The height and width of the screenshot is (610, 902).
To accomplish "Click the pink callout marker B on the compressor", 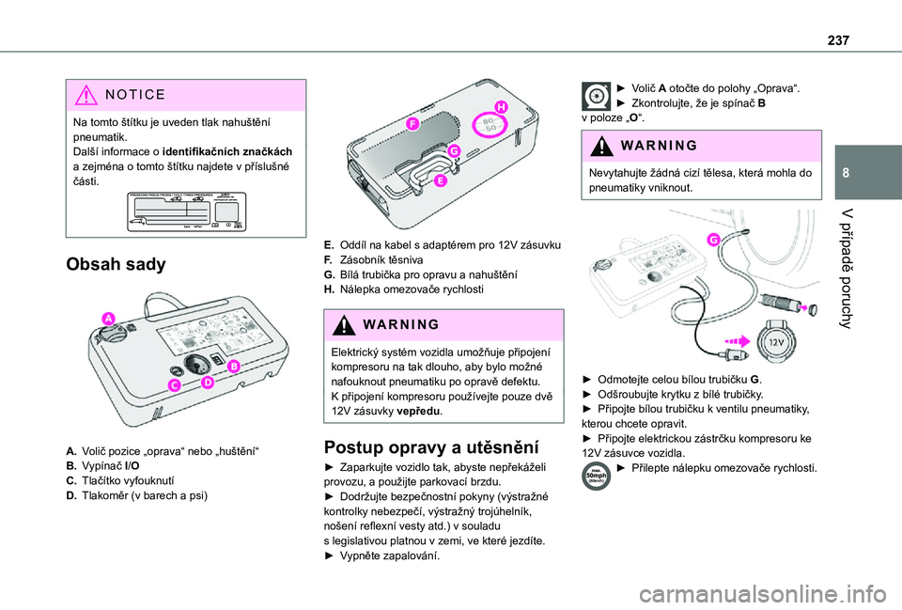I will [x=232, y=365].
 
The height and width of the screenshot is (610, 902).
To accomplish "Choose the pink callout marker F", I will [x=412, y=123].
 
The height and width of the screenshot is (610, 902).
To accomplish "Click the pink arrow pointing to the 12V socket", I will [x=737, y=340].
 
